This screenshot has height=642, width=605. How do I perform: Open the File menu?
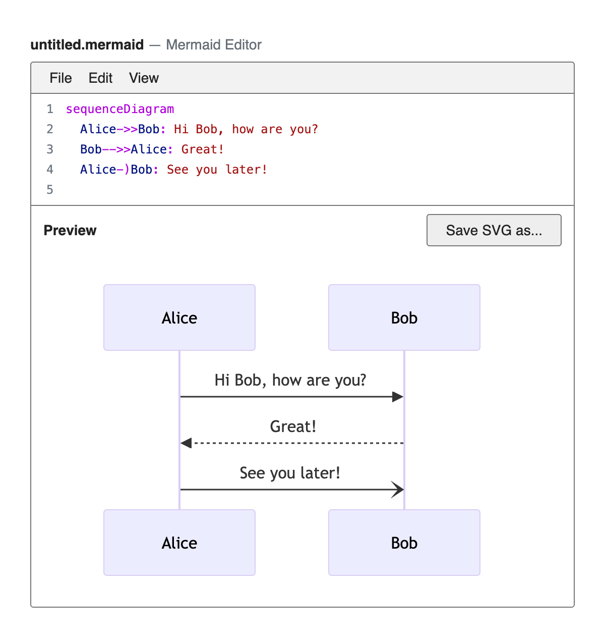coord(60,78)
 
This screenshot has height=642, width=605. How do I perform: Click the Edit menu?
coord(100,78)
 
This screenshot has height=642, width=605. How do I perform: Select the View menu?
coord(144,78)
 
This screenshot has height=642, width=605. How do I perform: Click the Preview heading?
coord(70,230)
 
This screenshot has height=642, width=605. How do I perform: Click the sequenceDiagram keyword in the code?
coord(120,109)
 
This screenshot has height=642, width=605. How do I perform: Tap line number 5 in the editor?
coord(50,189)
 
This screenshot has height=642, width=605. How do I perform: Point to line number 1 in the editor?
coord(50,109)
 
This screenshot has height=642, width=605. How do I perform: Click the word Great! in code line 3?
coord(203,149)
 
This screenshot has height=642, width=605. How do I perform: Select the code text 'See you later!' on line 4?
coord(217,170)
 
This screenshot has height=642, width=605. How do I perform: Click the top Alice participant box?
coord(179,317)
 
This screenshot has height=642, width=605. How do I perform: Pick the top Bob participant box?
coord(404,317)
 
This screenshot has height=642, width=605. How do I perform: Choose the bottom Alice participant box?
coord(179,542)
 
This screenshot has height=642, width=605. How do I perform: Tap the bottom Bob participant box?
coord(404,542)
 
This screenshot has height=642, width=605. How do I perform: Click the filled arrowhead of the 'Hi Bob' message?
coord(398,396)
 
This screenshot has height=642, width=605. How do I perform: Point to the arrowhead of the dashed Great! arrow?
coord(186,443)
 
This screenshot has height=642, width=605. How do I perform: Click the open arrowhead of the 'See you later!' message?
coord(398,489)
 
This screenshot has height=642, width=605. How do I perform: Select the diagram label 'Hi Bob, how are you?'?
coord(290,380)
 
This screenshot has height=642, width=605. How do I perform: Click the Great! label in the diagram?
coord(292,426)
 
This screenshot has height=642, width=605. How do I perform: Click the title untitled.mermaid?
coord(87,44)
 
